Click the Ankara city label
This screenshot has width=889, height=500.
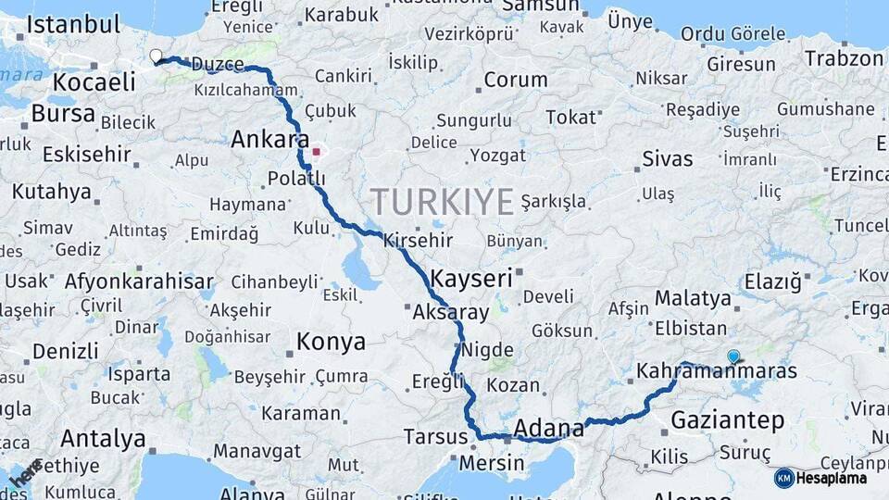tap(269, 140)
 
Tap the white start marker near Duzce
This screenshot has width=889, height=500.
tap(156, 56)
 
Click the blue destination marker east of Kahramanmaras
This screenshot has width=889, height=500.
tap(733, 356)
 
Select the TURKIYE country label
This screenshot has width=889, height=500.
tap(442, 201)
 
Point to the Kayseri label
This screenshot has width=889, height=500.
tap(470, 277)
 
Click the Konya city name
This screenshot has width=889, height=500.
tap(331, 343)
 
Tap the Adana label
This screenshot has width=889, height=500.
tap(548, 428)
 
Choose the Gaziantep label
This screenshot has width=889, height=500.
tap(727, 420)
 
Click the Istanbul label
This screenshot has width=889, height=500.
tap(73, 24)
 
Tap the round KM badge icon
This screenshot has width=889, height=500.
tap(783, 478)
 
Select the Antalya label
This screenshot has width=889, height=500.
tap(103, 438)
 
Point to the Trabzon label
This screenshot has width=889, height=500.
tap(844, 58)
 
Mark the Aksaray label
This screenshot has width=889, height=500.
tap(452, 312)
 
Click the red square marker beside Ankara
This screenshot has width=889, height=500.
tap(316, 152)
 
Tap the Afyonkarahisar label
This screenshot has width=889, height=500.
tap(139, 281)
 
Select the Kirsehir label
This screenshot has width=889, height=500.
tap(418, 240)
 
